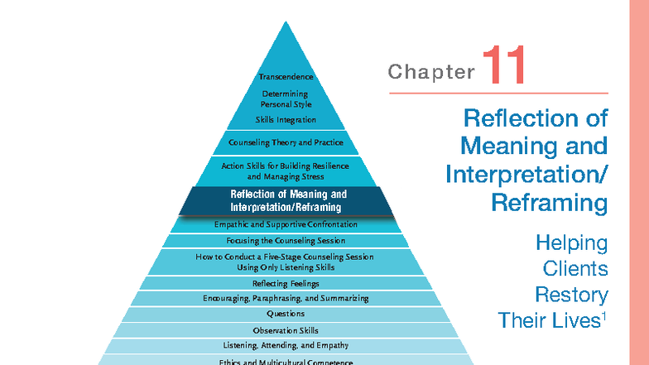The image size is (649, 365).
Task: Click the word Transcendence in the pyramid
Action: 286,77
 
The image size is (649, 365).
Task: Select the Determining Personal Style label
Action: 286,99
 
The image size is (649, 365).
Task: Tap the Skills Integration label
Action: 286,120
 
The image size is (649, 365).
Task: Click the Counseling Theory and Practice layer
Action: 286,142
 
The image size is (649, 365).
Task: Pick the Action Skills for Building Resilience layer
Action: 286,171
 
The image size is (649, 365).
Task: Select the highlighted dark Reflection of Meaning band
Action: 286,200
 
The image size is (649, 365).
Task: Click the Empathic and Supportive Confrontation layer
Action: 286,224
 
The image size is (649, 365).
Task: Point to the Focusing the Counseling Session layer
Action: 286,241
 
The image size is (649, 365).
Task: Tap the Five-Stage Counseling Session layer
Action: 286,262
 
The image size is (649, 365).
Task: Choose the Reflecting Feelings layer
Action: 286,283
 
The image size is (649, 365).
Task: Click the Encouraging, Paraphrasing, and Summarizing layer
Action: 286,298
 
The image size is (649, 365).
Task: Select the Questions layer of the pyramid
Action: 286,315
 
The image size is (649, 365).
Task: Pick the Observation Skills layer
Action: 286,330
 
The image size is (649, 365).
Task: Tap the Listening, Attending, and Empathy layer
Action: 286,345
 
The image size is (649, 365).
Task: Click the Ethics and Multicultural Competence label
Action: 286,362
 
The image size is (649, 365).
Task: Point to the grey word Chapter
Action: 430,72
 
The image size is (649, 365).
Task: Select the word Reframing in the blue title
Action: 549,201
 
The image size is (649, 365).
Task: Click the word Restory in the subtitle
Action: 571,295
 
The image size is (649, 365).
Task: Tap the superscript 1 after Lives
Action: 605,315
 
